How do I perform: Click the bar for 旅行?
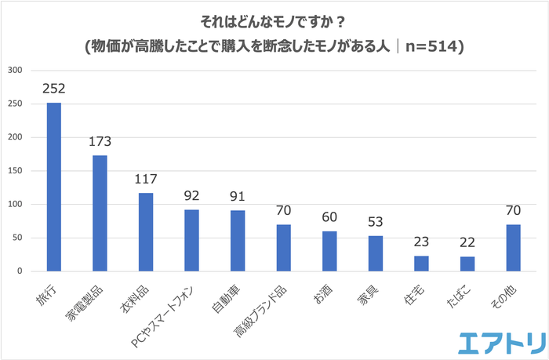[54, 187]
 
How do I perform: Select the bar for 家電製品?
[100, 213]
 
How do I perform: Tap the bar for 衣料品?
[146, 232]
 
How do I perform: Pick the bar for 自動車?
[238, 241]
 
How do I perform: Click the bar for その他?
[514, 248]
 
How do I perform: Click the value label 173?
[100, 142]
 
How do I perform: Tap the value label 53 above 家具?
[376, 223]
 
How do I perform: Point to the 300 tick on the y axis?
[16, 71]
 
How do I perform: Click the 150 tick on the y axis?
[16, 171]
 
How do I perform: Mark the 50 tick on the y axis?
[18, 238]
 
